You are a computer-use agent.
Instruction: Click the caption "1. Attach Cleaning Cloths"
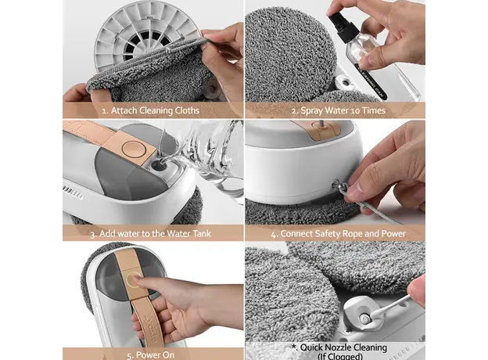pyautogui.click(x=151, y=110)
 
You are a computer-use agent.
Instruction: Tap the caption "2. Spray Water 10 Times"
pyautogui.click(x=339, y=110)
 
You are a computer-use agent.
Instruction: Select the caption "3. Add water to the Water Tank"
pyautogui.click(x=151, y=233)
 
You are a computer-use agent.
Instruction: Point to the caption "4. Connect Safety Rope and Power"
pyautogui.click(x=339, y=234)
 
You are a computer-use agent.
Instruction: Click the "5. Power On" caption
pyautogui.click(x=151, y=355)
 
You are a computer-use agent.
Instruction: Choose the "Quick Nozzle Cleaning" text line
pyautogui.click(x=339, y=347)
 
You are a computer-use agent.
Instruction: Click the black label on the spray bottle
pyautogui.click(x=371, y=81)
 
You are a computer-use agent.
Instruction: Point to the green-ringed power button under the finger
pyautogui.click(x=135, y=278)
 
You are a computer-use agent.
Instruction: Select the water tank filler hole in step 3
pyautogui.click(x=160, y=164)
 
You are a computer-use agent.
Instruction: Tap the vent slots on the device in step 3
pyautogui.click(x=73, y=193)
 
